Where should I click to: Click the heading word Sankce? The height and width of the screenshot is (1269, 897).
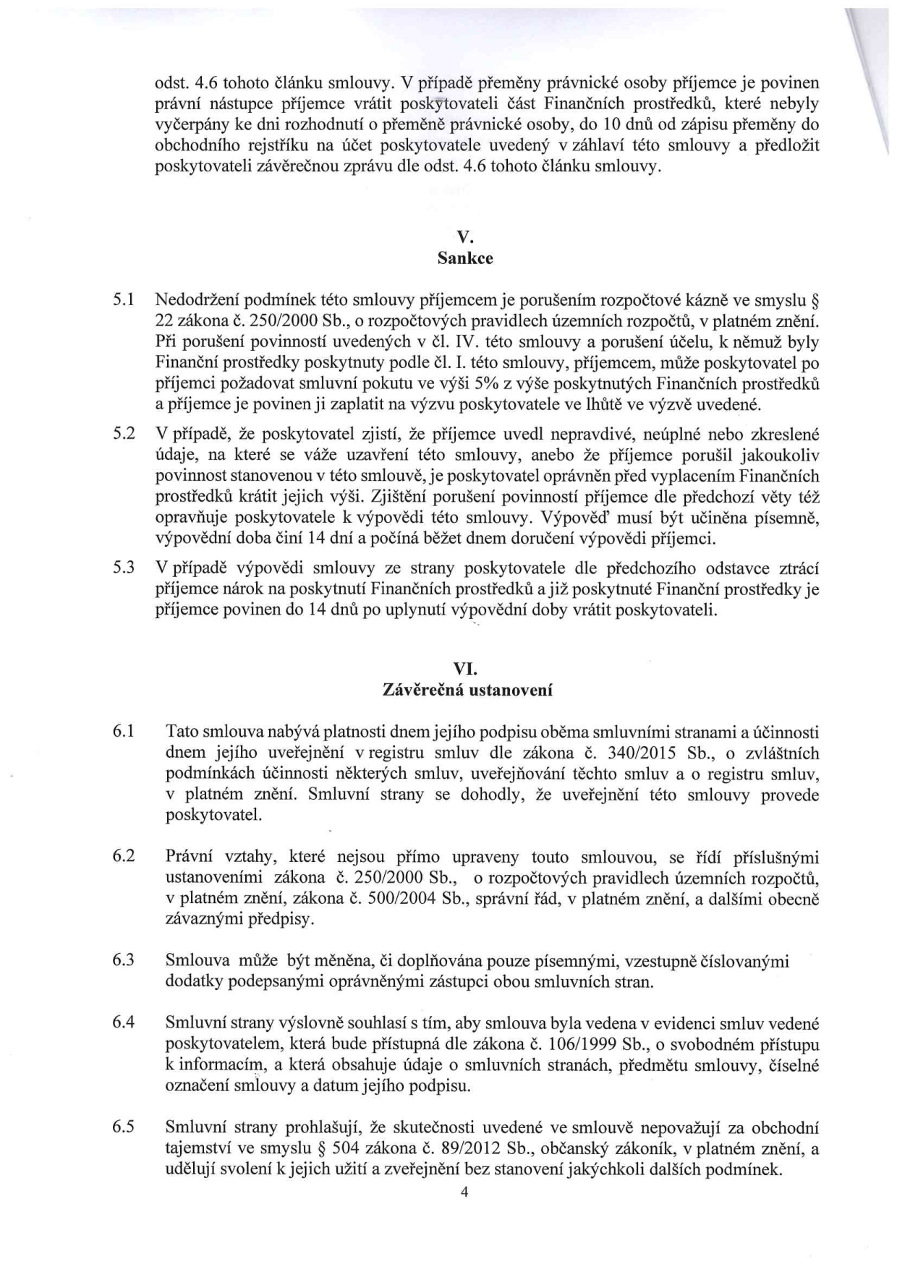pos(466,258)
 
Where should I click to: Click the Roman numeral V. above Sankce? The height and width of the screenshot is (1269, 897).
pos(466,237)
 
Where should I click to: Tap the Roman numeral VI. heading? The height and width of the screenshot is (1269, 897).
pos(466,669)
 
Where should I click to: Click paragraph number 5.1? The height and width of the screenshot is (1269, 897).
pos(124,299)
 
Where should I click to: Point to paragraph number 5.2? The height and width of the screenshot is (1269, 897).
pos(124,435)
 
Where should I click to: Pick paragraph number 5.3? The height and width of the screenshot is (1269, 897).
pos(124,568)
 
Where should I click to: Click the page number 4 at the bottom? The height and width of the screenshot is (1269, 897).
pos(465,1193)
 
